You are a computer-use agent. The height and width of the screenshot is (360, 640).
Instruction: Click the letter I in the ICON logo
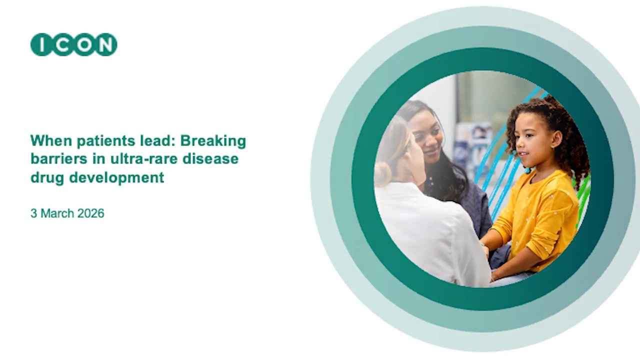[41, 44]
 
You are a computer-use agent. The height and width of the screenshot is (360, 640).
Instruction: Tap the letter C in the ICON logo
[63, 45]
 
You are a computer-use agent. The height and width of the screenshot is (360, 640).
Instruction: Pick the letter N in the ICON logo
[105, 45]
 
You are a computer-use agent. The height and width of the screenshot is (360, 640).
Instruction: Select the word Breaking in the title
[213, 141]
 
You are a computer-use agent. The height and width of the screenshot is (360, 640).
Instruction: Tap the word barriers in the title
[59, 159]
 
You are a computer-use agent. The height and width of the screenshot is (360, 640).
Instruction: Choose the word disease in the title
[210, 159]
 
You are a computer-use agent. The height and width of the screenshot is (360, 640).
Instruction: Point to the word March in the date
[57, 213]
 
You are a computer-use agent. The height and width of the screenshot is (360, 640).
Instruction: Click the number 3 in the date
[33, 213]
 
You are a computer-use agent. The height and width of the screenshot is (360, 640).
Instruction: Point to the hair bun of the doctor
[382, 174]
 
